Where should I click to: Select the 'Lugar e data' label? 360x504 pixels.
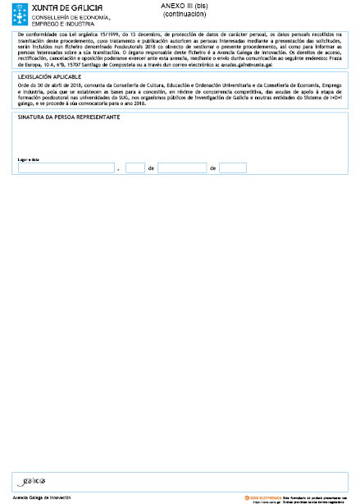coord(29,159)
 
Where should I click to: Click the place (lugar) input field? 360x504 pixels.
coord(66,167)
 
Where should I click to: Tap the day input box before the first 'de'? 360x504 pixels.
coord(134,167)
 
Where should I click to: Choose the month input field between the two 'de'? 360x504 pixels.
coord(181,167)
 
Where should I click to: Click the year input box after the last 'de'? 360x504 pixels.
coord(232,167)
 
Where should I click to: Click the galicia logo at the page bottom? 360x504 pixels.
coord(34,479)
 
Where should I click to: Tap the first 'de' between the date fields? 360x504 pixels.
coord(151,168)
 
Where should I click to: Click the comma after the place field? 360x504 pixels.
coord(119,169)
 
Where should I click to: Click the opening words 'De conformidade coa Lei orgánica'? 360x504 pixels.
coord(57,34)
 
